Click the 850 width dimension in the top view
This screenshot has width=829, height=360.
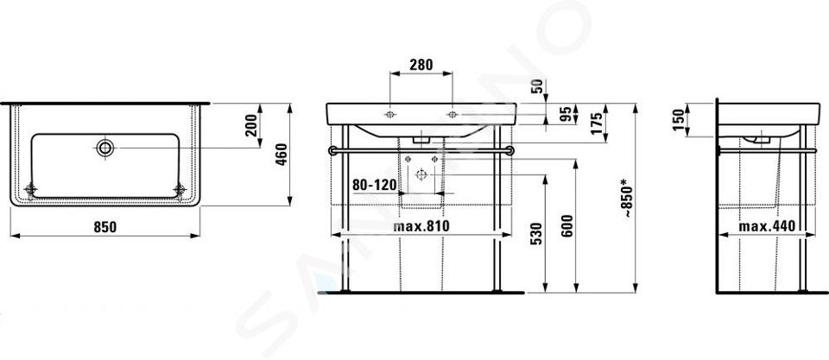(104, 227)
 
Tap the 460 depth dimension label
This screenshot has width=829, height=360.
(282, 155)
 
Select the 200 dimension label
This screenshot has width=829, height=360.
(251, 125)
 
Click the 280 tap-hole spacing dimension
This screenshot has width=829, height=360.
(421, 65)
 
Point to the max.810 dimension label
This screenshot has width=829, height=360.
(421, 226)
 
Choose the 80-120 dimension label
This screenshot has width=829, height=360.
(374, 185)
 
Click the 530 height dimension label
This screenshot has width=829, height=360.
(535, 234)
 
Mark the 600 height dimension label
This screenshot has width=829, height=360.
(566, 225)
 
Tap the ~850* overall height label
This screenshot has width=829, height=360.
(626, 199)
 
